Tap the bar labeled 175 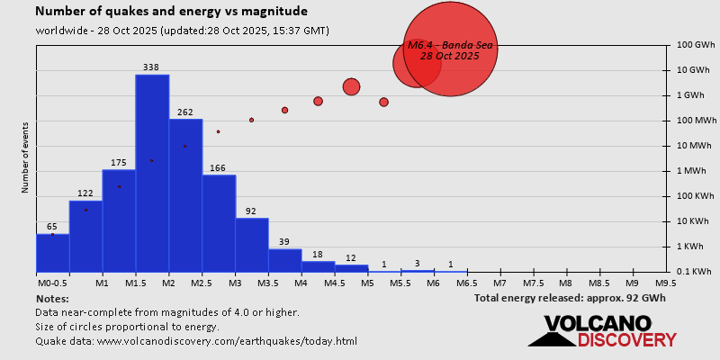click(x=119, y=220)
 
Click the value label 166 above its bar click(x=219, y=168)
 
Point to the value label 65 click(x=52, y=227)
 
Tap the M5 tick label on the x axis click(x=367, y=283)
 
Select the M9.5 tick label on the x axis click(x=666, y=283)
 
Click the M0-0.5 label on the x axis click(x=49, y=283)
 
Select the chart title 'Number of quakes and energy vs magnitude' click(x=171, y=12)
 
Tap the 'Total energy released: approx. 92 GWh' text click(x=570, y=298)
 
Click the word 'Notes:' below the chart click(x=52, y=298)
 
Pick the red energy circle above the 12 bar click(x=351, y=86)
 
